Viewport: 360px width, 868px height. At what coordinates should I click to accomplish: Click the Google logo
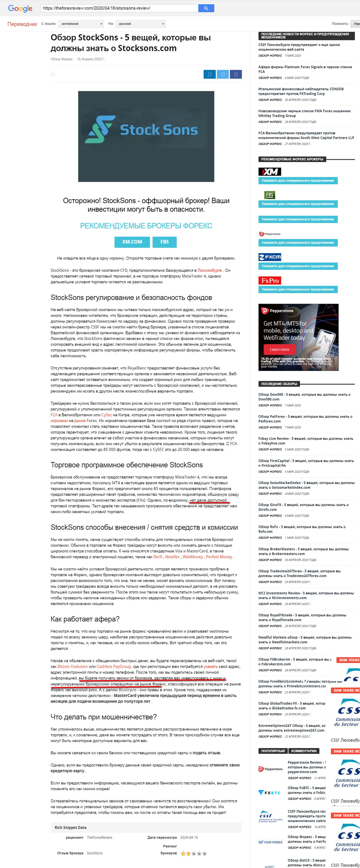tap(20, 8)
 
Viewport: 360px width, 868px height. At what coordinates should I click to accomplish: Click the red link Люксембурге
tap(209, 270)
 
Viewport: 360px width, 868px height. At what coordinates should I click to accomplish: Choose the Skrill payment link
tap(158, 557)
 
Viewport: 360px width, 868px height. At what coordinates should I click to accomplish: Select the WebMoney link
tap(193, 557)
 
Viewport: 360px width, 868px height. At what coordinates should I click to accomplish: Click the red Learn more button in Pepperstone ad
tap(279, 349)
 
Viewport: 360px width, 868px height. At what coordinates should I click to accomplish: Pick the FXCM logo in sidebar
tap(270, 257)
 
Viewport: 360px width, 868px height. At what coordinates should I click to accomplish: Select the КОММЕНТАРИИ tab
tap(304, 751)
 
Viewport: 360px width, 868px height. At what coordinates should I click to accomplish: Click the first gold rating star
tap(183, 853)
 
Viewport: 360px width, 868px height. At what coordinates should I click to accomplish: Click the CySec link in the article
tap(106, 415)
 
